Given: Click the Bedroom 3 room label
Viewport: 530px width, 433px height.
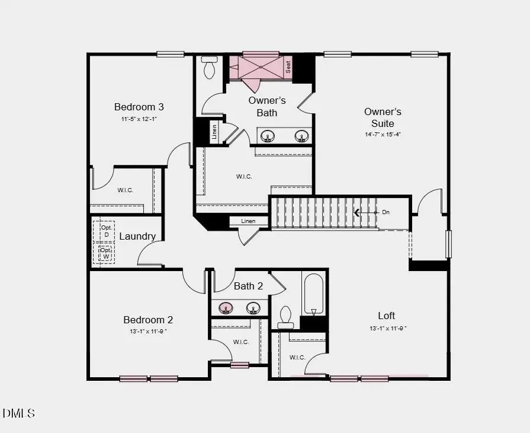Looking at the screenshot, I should [x=139, y=107].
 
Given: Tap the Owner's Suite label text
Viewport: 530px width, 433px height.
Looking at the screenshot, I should [x=383, y=117].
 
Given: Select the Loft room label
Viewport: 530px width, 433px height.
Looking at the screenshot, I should [x=387, y=316].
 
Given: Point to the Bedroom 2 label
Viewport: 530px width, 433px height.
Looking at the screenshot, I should [x=148, y=320].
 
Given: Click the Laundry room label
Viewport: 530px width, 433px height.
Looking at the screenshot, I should [x=137, y=236].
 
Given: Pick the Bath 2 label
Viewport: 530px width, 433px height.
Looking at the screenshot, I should [x=248, y=286].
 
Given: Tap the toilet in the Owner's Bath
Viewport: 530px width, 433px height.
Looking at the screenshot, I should [x=210, y=69].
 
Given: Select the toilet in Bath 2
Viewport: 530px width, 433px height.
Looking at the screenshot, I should [x=285, y=317].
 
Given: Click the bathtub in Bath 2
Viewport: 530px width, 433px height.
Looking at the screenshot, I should [x=313, y=293].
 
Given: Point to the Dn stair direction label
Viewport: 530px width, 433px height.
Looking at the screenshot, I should [x=386, y=212].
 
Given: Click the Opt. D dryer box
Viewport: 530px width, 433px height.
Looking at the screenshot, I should [x=107, y=231].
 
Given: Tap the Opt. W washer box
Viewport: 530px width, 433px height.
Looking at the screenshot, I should [x=106, y=253].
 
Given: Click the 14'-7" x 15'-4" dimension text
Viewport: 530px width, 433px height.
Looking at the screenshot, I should [x=383, y=135].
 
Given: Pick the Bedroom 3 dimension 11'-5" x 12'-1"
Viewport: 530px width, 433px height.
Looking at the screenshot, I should [x=139, y=119].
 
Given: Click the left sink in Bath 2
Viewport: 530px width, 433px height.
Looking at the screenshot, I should [x=226, y=308].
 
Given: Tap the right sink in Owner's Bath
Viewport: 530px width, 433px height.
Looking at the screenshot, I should [x=301, y=137].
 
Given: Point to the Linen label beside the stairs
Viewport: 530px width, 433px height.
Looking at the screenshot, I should [x=249, y=221].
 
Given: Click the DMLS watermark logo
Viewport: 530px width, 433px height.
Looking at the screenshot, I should [x=19, y=413].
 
